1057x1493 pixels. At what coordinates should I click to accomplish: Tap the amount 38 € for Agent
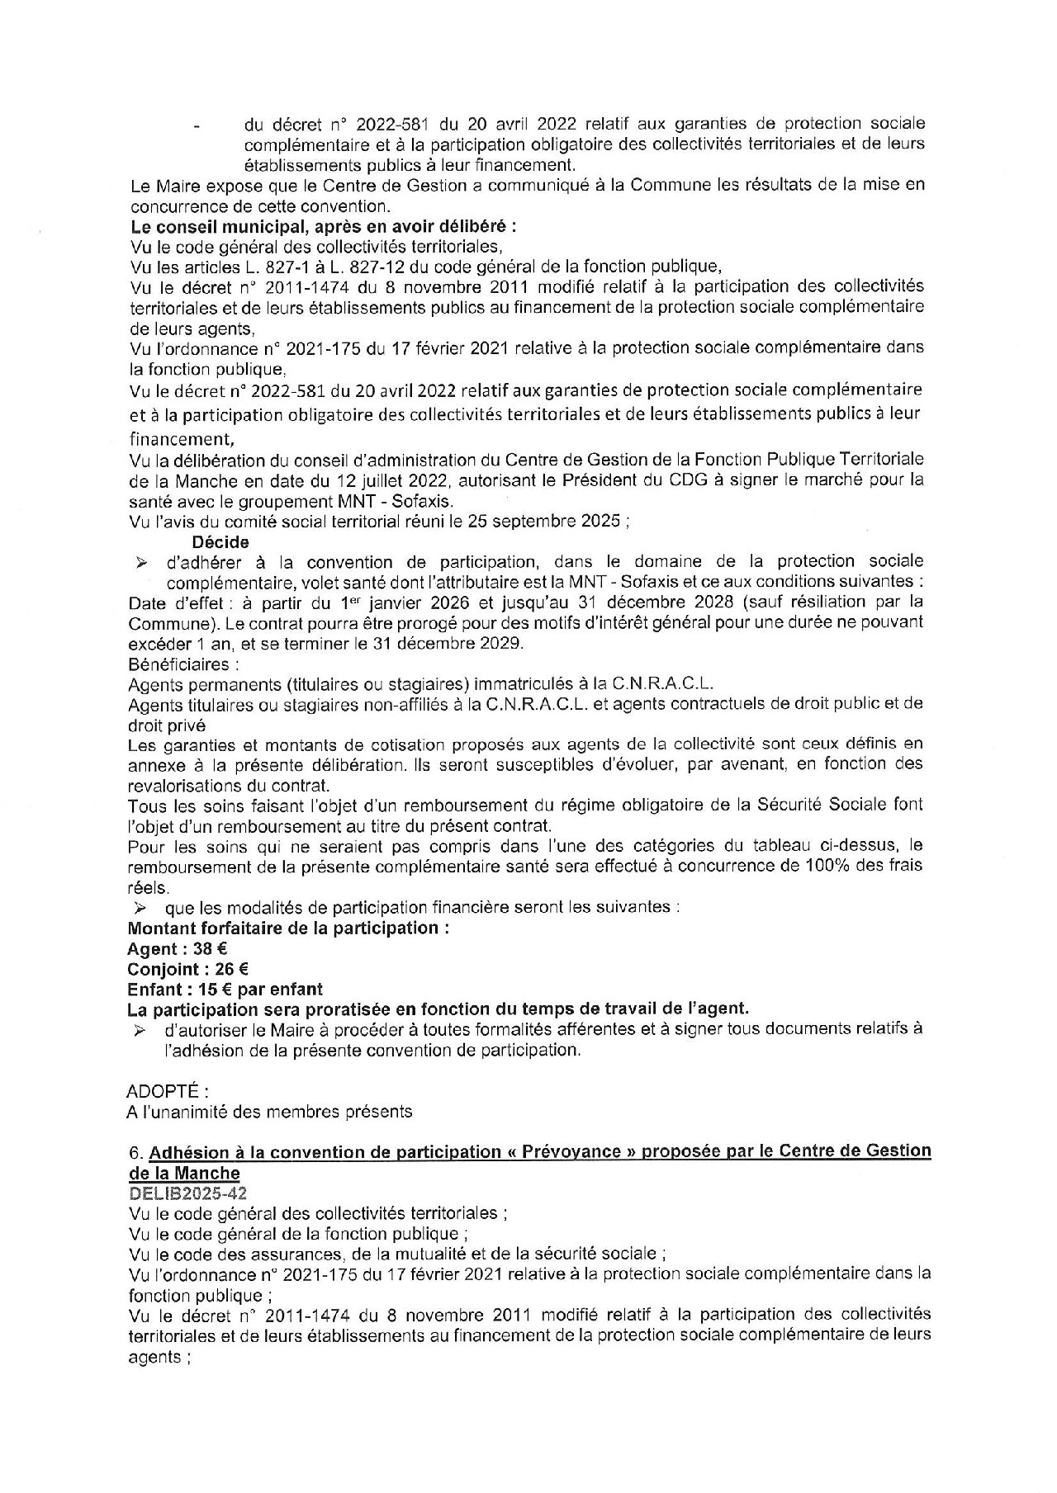211,949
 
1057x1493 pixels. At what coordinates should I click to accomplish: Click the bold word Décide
220,541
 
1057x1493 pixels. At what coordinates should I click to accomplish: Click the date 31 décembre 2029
447,643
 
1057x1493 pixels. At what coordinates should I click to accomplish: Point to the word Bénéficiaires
175,664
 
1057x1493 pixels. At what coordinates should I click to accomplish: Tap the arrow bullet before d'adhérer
141,563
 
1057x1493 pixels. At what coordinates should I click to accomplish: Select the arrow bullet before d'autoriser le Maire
141,1030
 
